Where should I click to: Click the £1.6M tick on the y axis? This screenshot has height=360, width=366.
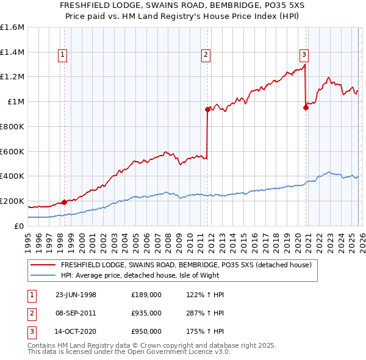pos(12,27)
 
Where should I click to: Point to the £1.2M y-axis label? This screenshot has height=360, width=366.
pos(12,77)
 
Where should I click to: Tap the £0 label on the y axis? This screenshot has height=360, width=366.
pos(20,226)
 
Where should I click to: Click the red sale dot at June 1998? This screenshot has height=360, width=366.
pos(65,202)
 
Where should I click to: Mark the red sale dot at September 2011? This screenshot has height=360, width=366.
pos(207,110)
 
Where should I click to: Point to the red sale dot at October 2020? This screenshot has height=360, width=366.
pos(306,108)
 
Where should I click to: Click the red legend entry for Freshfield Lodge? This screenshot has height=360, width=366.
pos(187,265)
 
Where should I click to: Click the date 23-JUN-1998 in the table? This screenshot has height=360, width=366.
pos(76,295)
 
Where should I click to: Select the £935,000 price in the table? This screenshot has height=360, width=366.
pos(146,313)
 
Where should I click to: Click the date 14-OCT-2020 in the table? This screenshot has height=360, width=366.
pos(76,331)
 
